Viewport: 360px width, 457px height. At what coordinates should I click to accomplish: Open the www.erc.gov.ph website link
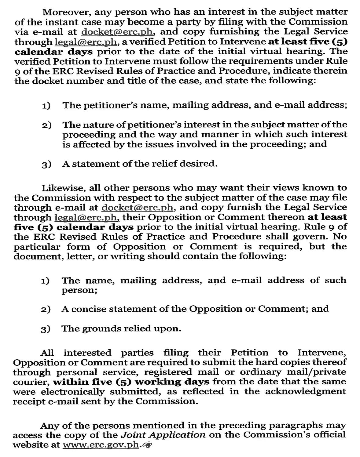(101, 445)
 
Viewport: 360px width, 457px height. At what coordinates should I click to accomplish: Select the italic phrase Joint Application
(163, 435)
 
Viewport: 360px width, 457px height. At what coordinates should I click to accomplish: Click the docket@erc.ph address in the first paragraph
(117, 32)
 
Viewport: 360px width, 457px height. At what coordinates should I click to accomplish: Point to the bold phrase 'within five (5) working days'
(131, 382)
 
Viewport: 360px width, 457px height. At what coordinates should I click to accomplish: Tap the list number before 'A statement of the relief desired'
(46, 164)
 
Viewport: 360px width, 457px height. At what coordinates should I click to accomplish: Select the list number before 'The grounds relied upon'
(46, 329)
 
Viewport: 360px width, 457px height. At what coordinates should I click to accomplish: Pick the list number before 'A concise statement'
(46, 310)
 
